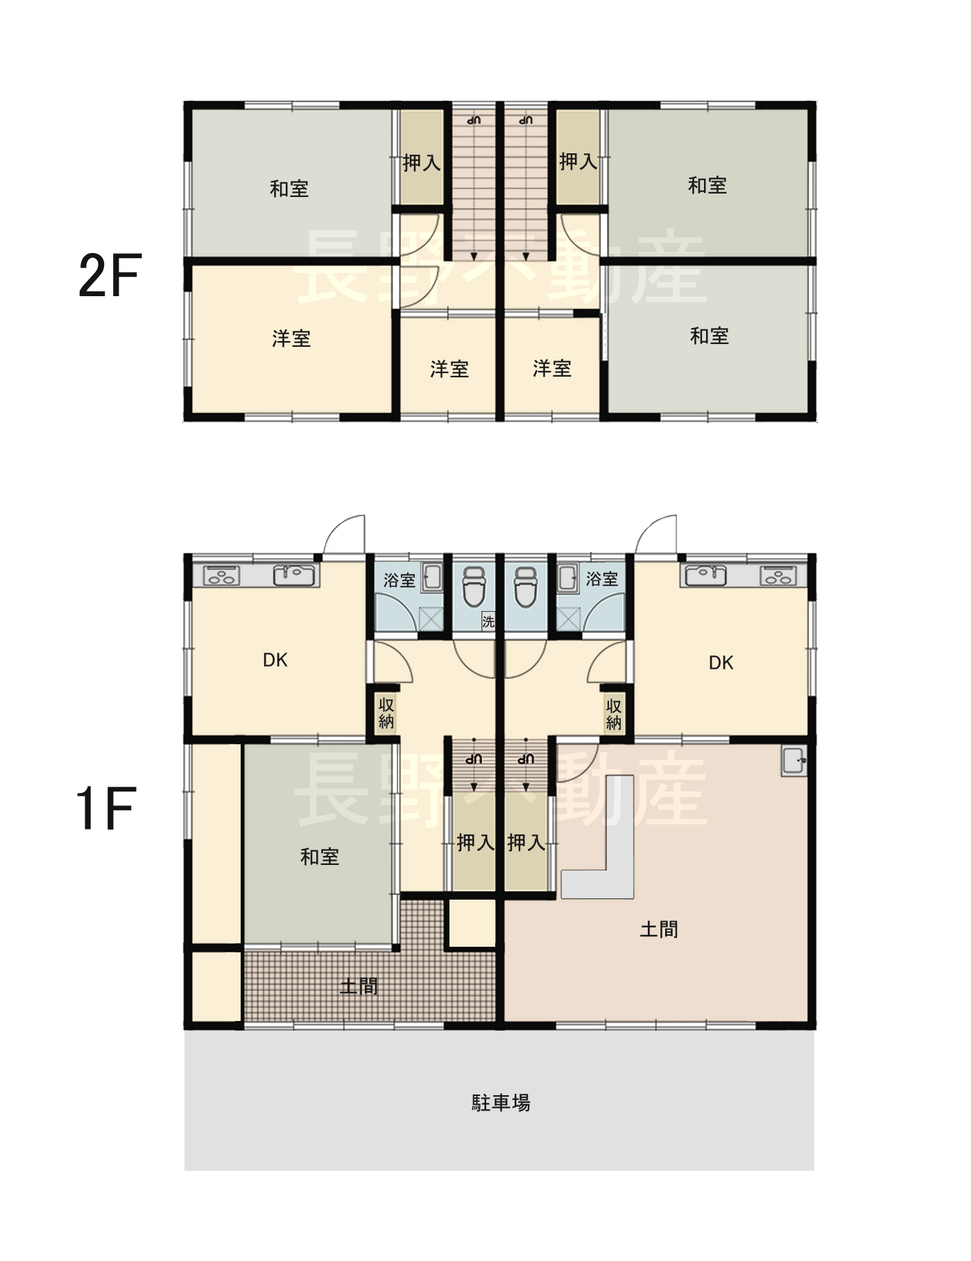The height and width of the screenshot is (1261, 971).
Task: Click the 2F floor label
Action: pos(110,275)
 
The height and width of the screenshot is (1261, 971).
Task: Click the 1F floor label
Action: pos(105,808)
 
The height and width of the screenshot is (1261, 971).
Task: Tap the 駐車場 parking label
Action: pos(501,1103)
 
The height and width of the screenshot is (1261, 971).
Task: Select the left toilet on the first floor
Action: pos(474,586)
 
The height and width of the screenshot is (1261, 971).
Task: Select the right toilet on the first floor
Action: pos(525,586)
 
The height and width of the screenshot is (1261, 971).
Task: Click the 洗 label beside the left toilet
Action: pos(488,621)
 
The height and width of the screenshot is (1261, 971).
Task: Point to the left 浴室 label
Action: pos(399,580)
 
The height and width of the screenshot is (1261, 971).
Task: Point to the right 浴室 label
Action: pos(601,578)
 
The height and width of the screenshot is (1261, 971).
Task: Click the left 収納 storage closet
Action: pos(386,713)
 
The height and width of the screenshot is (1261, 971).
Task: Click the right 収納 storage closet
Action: pos(614,713)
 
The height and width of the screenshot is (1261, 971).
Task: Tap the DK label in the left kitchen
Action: pos(275,660)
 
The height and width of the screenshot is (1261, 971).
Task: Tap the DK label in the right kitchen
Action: pos(721,663)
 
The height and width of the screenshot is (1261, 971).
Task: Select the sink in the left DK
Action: pos(294,575)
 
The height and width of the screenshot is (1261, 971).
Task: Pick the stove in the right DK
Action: pos(778,576)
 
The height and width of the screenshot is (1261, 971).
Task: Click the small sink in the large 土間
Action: pos(794,762)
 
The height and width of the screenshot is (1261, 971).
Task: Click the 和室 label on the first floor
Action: pos(320,857)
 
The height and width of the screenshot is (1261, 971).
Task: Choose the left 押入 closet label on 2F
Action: pos(421,163)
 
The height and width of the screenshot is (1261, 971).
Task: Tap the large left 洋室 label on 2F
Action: pos(291,338)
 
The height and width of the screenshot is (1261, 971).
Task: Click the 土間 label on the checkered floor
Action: pos(359,986)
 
